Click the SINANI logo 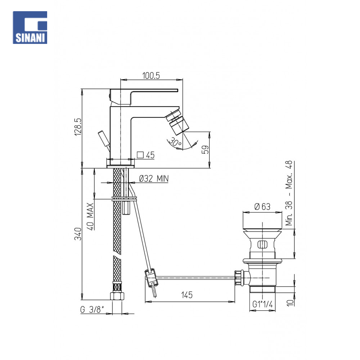click(30, 28)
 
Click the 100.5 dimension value click(151, 76)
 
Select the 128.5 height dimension click(78, 127)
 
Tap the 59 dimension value click(206, 150)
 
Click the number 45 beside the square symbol click(150, 155)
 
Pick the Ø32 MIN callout click(154, 179)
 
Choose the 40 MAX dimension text click(90, 216)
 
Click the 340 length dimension click(78, 234)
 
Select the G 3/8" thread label click(92, 310)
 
